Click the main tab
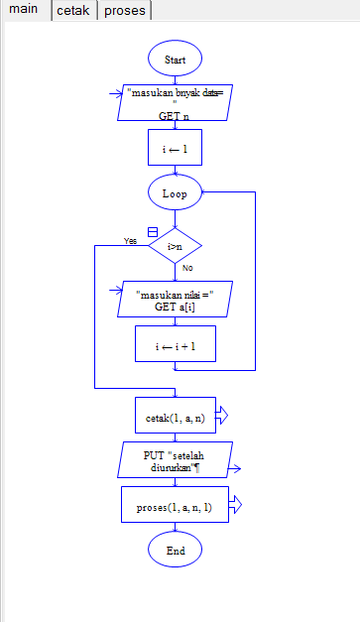(x=23, y=11)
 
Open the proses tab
(x=124, y=11)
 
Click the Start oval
(x=175, y=60)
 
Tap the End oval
(x=175, y=549)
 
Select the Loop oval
(x=175, y=193)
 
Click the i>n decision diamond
(x=175, y=245)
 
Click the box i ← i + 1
(x=175, y=346)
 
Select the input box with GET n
(x=175, y=102)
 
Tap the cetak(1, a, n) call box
(x=175, y=418)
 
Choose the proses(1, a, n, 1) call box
(x=175, y=506)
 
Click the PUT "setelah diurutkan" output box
(x=175, y=461)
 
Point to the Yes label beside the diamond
(x=130, y=241)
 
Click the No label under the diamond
(x=187, y=268)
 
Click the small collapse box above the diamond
(x=152, y=231)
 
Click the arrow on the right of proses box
(x=235, y=506)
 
